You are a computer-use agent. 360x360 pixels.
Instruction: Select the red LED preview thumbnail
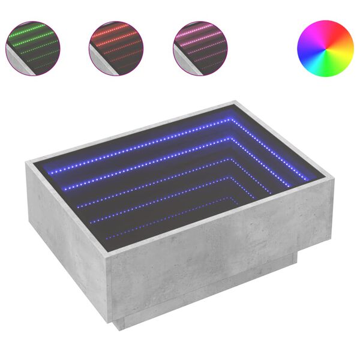point(116,48)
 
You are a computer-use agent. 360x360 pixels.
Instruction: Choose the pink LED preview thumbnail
point(200,48)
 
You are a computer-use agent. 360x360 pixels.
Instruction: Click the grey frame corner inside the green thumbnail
point(14,62)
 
